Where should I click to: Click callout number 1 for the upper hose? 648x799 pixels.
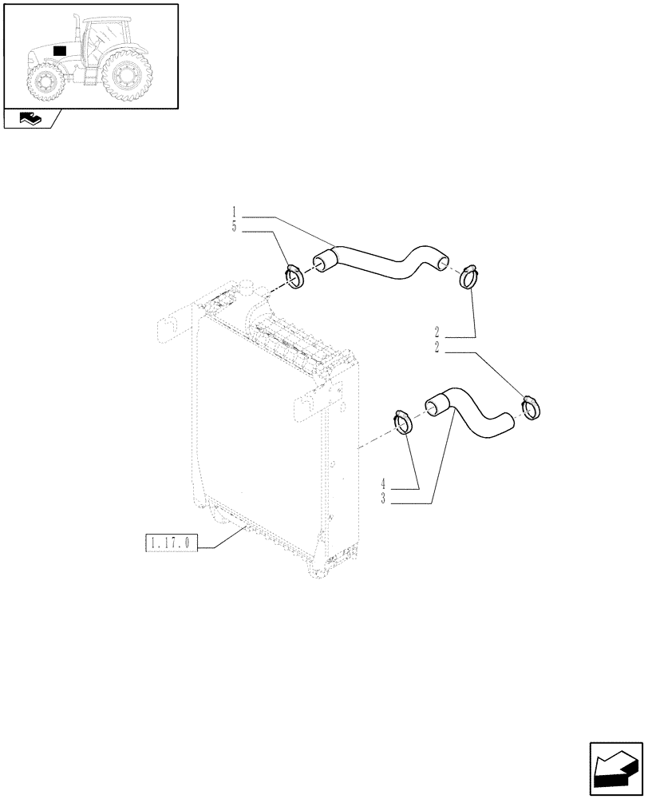[x=234, y=212]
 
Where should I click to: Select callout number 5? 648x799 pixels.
[x=234, y=226]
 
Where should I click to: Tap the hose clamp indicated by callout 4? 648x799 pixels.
[x=402, y=422]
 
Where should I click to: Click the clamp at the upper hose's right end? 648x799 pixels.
[x=470, y=277]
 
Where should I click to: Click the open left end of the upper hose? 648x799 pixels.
[x=321, y=261]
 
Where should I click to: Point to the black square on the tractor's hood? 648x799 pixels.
[x=59, y=50]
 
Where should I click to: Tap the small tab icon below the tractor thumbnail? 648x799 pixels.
[x=30, y=120]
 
